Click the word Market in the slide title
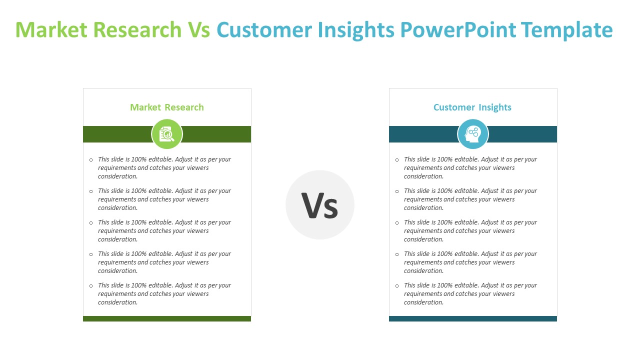pos(51,29)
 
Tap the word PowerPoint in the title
pos(458,29)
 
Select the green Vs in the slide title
pos(199,29)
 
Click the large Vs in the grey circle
pos(319,205)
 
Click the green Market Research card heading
pos(167,107)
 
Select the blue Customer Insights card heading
pos(472,107)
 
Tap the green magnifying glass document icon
pos(167,134)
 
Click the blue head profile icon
pos(472,134)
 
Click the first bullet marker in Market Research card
pos(91,159)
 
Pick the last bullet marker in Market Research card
pos(91,285)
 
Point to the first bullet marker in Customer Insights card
pos(397,159)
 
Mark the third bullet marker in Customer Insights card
pos(397,223)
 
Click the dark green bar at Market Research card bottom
pos(167,318)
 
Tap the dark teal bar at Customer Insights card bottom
pos(473,318)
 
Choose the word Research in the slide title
pos(137,29)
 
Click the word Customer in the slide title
pos(264,29)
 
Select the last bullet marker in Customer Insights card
pos(397,285)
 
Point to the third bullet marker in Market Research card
pos(91,223)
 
